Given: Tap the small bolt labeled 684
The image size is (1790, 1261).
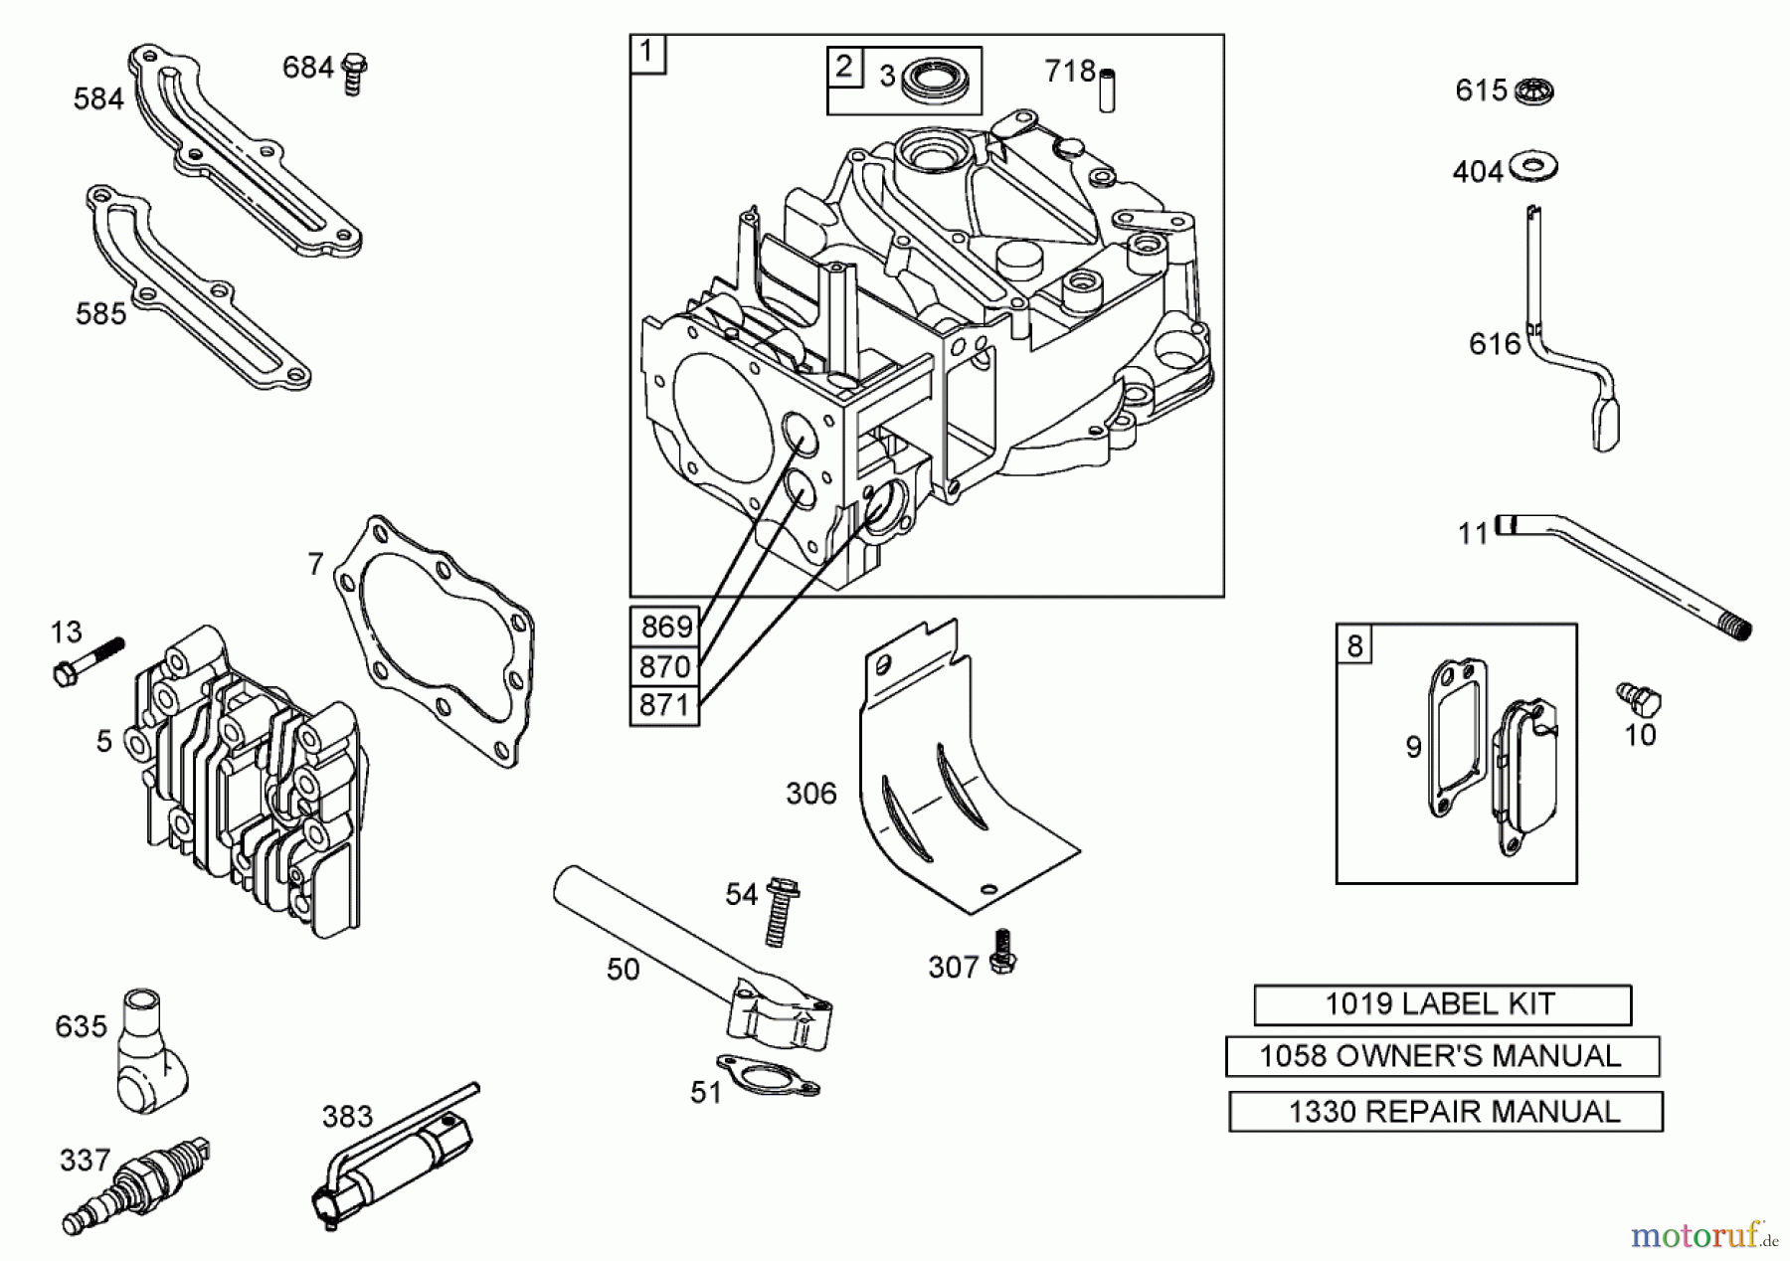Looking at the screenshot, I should [353, 73].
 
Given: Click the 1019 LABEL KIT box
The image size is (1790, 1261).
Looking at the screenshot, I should [1441, 1004].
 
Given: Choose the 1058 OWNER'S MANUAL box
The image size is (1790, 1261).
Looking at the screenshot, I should [1441, 1056].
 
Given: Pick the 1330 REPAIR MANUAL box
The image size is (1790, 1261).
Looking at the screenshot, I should [1445, 1111].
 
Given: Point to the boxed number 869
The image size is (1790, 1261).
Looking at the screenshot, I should [664, 627].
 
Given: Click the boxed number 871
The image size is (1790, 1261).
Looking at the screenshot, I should [664, 705].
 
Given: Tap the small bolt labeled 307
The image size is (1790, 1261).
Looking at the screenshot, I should [1003, 952].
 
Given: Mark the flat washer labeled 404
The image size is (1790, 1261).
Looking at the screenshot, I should [1532, 166].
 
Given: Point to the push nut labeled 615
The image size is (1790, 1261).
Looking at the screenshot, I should [1534, 92].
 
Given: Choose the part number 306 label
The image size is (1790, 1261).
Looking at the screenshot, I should [810, 794].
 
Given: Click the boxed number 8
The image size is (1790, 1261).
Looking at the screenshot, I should [1354, 645].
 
